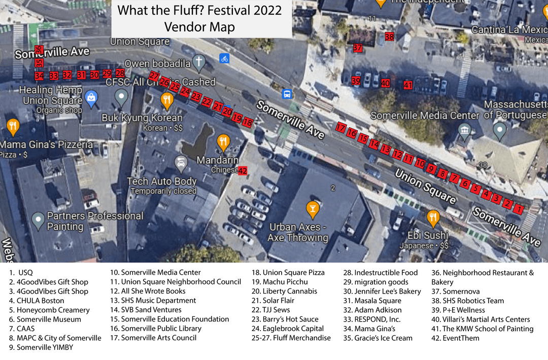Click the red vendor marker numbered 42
click(x=243, y=171)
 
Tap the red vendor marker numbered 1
click(x=519, y=208)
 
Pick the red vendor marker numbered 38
click(x=389, y=37)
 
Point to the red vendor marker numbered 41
click(x=408, y=85)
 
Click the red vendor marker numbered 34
click(x=39, y=76)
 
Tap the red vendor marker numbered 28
click(x=120, y=73)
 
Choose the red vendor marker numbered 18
click(x=248, y=122)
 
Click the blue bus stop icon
click(x=287, y=94)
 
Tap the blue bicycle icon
click(x=224, y=58)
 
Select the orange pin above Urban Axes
click(x=312, y=208)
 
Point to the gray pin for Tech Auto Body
click(x=180, y=163)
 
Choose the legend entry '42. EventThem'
click(x=456, y=338)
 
